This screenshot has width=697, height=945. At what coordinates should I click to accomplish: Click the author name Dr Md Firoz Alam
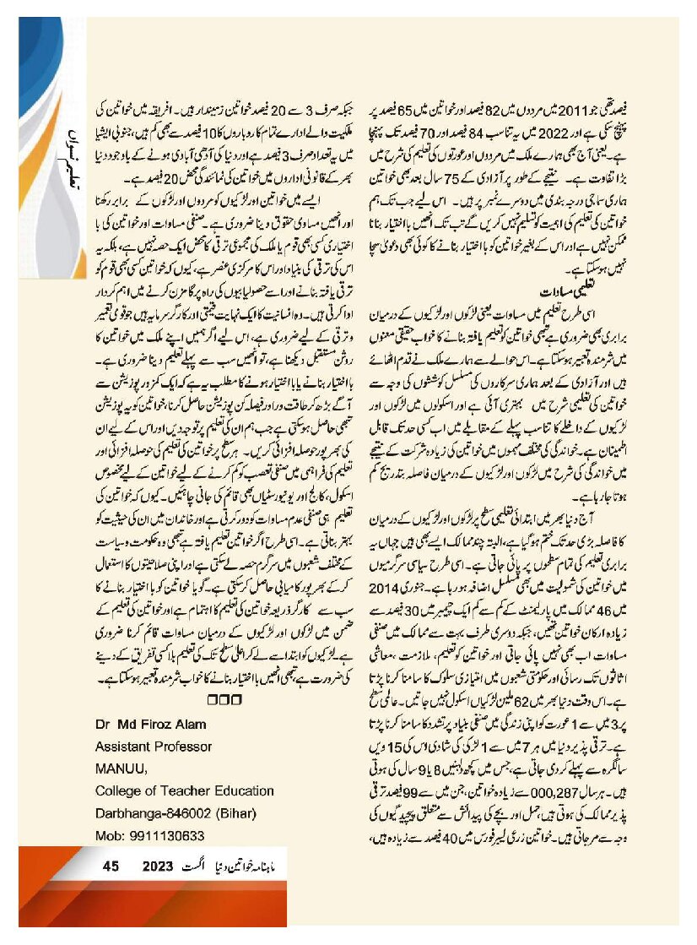click(x=150, y=725)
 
